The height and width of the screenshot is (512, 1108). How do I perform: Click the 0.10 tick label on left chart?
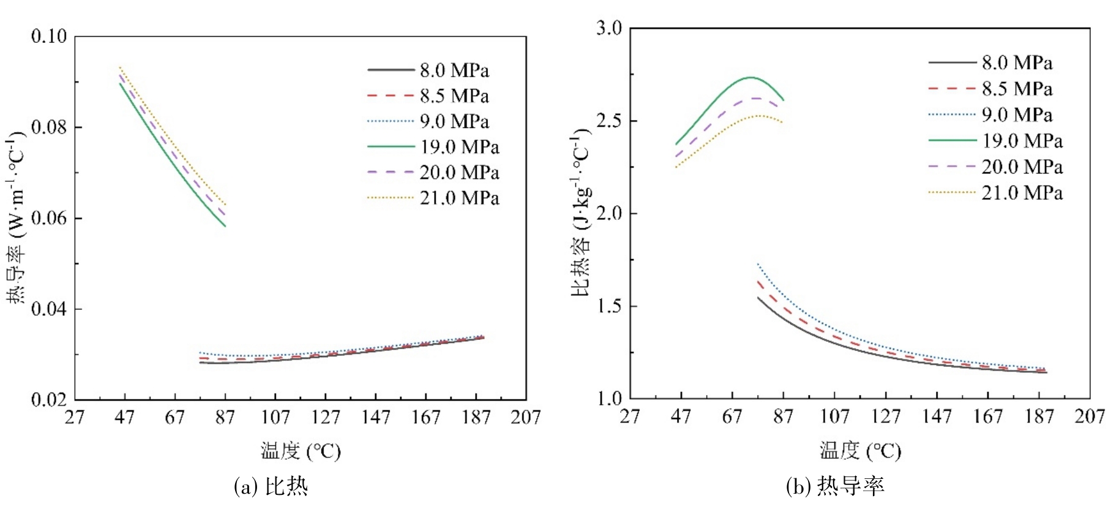click(49, 36)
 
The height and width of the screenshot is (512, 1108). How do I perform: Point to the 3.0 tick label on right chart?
click(609, 28)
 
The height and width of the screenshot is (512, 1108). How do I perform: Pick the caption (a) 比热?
click(271, 487)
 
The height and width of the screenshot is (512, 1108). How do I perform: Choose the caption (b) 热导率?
click(835, 487)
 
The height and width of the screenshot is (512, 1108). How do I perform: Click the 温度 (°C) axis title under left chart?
click(301, 451)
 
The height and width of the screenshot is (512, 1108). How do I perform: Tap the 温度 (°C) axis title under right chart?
click(861, 451)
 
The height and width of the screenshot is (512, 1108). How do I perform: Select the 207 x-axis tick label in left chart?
click(526, 418)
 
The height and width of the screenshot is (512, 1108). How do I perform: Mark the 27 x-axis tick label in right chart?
click(630, 417)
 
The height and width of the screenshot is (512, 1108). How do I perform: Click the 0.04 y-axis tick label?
click(49, 309)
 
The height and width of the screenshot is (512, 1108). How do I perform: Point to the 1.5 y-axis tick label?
click(609, 306)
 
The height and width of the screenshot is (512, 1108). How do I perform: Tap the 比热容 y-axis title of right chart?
click(581, 211)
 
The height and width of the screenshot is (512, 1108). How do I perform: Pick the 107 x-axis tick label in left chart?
click(275, 418)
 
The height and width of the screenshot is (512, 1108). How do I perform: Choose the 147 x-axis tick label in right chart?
click(937, 417)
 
